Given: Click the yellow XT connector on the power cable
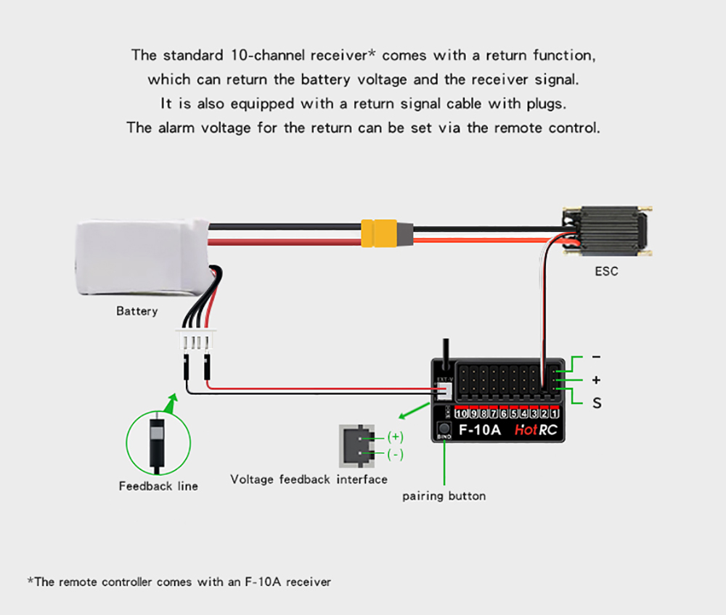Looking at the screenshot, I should point(380,234).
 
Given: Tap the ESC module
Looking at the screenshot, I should point(606,231).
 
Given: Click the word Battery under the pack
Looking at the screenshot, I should point(136,311).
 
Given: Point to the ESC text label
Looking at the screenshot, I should point(606,272).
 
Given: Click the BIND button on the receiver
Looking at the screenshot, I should point(444,430).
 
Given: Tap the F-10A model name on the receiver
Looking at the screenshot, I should point(479,429).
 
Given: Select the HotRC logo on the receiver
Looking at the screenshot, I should point(536,429).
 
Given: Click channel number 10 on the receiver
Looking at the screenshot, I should point(462,413).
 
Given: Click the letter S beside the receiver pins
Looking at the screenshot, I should point(597,403).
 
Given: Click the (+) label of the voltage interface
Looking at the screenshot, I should point(395,437).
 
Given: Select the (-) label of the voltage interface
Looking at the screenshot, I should point(395,455).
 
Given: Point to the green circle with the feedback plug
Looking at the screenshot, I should point(158,442).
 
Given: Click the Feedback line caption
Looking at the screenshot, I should point(158,486).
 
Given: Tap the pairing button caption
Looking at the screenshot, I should point(444,496).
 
